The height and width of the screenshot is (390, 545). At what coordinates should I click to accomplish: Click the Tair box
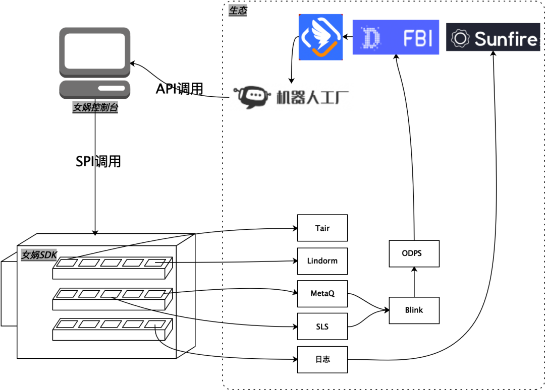click(322, 228)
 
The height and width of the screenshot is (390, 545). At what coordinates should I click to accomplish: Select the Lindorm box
click(322, 261)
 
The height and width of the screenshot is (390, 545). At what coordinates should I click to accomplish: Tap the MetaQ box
click(322, 294)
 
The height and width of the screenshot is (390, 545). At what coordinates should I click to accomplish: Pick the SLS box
click(322, 327)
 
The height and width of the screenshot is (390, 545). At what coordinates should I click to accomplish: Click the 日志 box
click(322, 359)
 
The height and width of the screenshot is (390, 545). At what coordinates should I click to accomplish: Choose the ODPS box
click(414, 253)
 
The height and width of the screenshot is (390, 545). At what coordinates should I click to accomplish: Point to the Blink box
click(414, 310)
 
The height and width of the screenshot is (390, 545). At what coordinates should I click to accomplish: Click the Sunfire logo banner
click(493, 37)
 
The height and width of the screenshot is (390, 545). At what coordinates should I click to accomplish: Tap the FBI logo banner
click(396, 37)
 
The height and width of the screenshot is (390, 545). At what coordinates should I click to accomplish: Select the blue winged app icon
click(320, 37)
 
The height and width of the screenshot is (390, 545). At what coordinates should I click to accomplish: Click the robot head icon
click(252, 97)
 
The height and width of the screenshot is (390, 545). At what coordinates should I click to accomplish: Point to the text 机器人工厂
click(312, 98)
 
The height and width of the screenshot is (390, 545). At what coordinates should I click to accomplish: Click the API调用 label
click(179, 89)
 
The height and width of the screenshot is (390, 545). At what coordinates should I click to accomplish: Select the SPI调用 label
click(98, 161)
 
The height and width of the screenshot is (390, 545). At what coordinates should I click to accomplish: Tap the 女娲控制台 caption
click(95, 107)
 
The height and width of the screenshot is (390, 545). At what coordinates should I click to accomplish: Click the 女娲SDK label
click(39, 255)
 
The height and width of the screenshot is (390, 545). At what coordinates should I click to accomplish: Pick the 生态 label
click(238, 11)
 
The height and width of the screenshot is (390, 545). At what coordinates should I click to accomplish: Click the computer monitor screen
click(94, 51)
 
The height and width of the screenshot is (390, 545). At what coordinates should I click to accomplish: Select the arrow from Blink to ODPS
click(414, 282)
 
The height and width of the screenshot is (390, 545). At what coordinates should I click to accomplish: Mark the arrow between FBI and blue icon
click(348, 36)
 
